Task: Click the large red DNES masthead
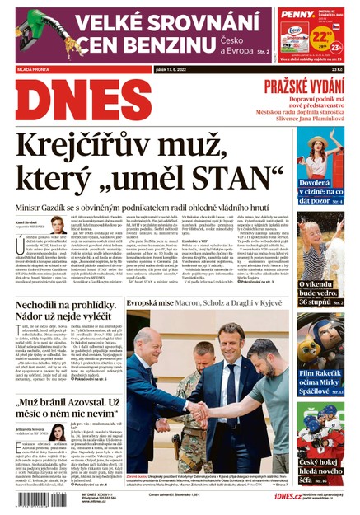point(70,106)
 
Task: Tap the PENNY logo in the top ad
point(296,14)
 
